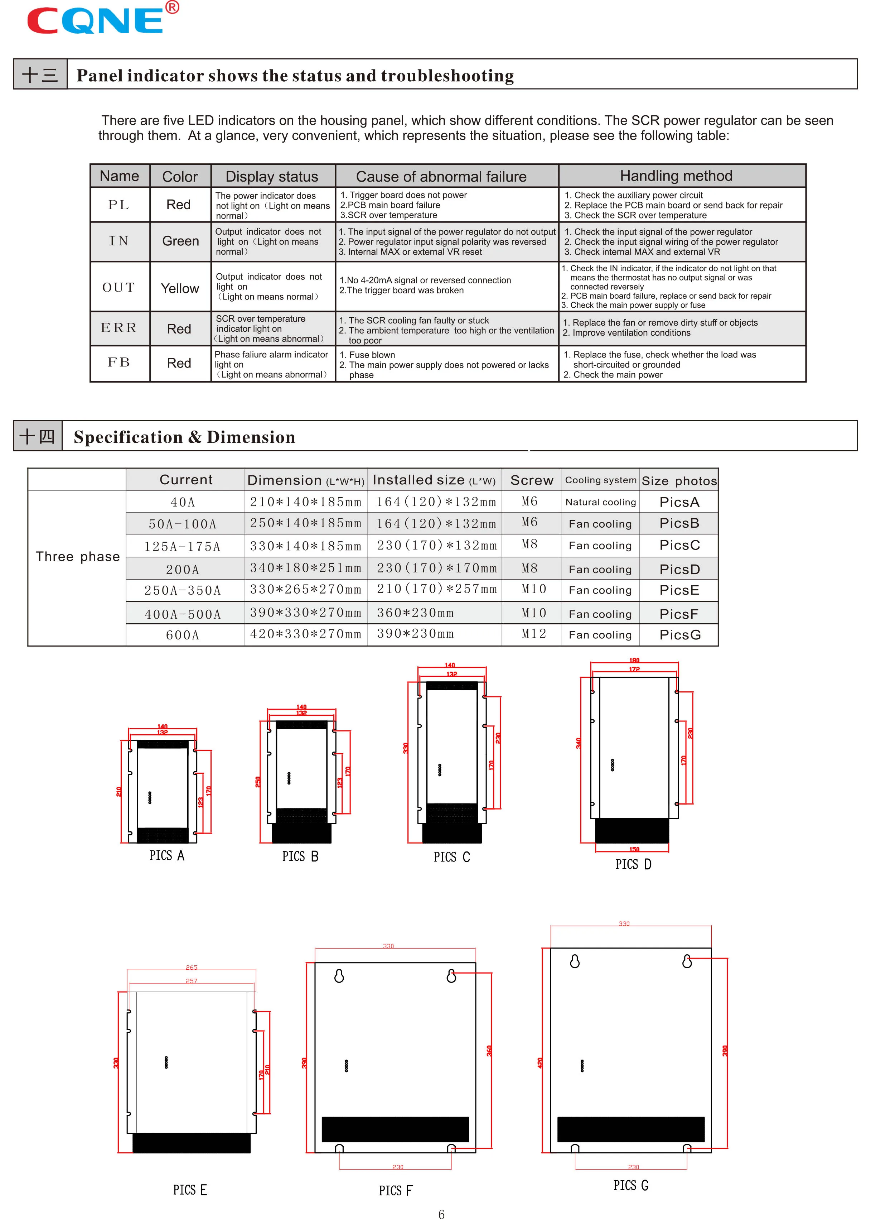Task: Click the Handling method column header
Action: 676,176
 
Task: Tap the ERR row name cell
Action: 119,328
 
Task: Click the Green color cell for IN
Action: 180,241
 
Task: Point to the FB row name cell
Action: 119,363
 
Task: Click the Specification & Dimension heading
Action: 184,437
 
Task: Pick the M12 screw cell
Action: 534,634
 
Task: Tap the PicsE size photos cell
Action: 679,590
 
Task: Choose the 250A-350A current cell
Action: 182,591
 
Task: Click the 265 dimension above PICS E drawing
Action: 192,968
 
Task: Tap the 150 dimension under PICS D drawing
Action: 634,849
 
